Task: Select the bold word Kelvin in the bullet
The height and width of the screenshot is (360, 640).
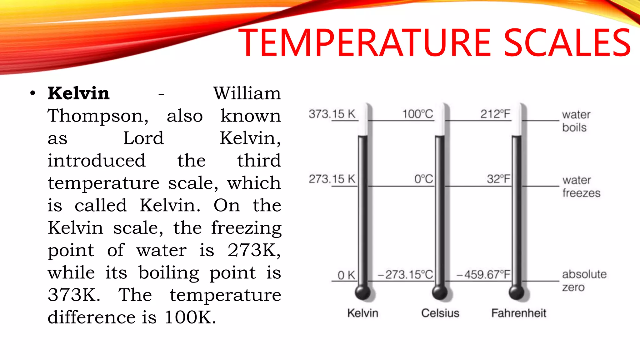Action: (78, 93)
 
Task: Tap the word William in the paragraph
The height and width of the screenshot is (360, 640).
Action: (247, 93)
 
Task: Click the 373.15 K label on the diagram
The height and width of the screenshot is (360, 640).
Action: (332, 114)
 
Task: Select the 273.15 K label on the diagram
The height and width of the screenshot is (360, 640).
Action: (332, 179)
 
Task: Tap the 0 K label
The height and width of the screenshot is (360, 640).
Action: (346, 275)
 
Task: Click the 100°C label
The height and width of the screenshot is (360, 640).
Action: (417, 114)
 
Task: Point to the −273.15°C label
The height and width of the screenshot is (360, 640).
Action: (405, 275)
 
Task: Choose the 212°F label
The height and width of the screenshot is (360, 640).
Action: (495, 114)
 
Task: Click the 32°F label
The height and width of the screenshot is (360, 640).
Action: (498, 179)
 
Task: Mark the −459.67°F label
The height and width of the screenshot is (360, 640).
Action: (483, 275)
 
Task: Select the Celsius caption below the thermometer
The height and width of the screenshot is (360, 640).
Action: (440, 313)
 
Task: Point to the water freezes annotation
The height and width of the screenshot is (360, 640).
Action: (581, 187)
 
